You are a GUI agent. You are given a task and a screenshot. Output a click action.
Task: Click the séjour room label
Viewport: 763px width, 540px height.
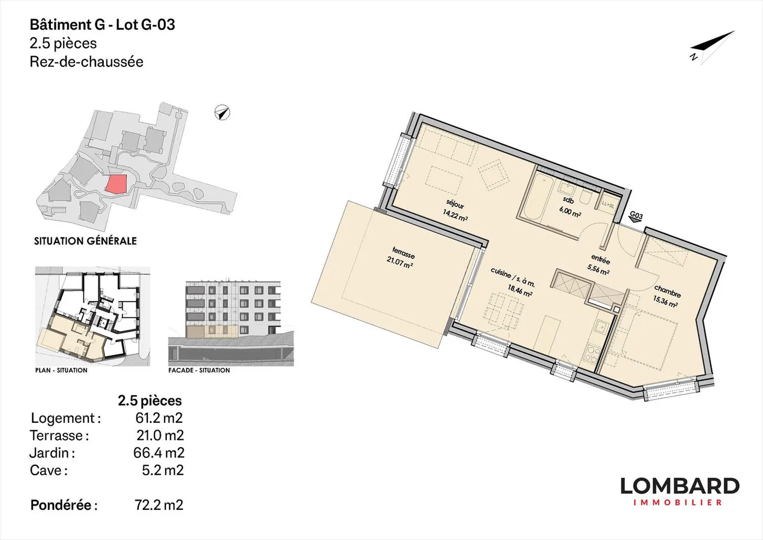455,204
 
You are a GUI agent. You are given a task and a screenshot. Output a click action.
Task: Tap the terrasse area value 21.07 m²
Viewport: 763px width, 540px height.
400,263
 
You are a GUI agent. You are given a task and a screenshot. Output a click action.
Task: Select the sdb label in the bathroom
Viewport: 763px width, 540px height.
568,200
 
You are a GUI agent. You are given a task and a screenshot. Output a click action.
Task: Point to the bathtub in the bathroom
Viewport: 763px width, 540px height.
533,197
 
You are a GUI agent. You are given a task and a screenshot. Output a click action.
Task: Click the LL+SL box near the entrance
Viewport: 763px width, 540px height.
608,205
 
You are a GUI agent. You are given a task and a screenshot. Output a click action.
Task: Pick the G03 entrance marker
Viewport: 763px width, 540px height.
636,217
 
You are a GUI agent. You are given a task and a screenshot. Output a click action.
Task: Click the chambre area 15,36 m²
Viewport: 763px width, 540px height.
664,301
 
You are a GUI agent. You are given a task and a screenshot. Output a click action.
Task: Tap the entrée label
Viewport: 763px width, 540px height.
600,259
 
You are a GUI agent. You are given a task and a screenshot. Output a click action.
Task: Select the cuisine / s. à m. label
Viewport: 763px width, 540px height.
513,277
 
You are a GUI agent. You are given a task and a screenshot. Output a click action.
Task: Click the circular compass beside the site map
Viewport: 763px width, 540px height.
222,112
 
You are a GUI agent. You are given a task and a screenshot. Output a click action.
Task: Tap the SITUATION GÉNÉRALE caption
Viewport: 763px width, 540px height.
85,241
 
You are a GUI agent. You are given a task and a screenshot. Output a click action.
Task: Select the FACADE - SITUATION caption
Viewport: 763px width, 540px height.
199,370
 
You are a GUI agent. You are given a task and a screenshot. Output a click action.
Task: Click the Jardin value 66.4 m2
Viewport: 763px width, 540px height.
159,452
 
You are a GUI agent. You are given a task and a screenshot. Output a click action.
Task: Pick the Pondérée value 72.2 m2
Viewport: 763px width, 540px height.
159,504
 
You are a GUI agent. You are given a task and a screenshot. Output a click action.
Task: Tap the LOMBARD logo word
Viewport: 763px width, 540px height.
680,486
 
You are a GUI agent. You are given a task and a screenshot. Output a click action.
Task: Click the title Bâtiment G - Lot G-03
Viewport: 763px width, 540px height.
103,25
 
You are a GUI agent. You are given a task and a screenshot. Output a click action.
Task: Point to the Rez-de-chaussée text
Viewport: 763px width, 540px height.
86,62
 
